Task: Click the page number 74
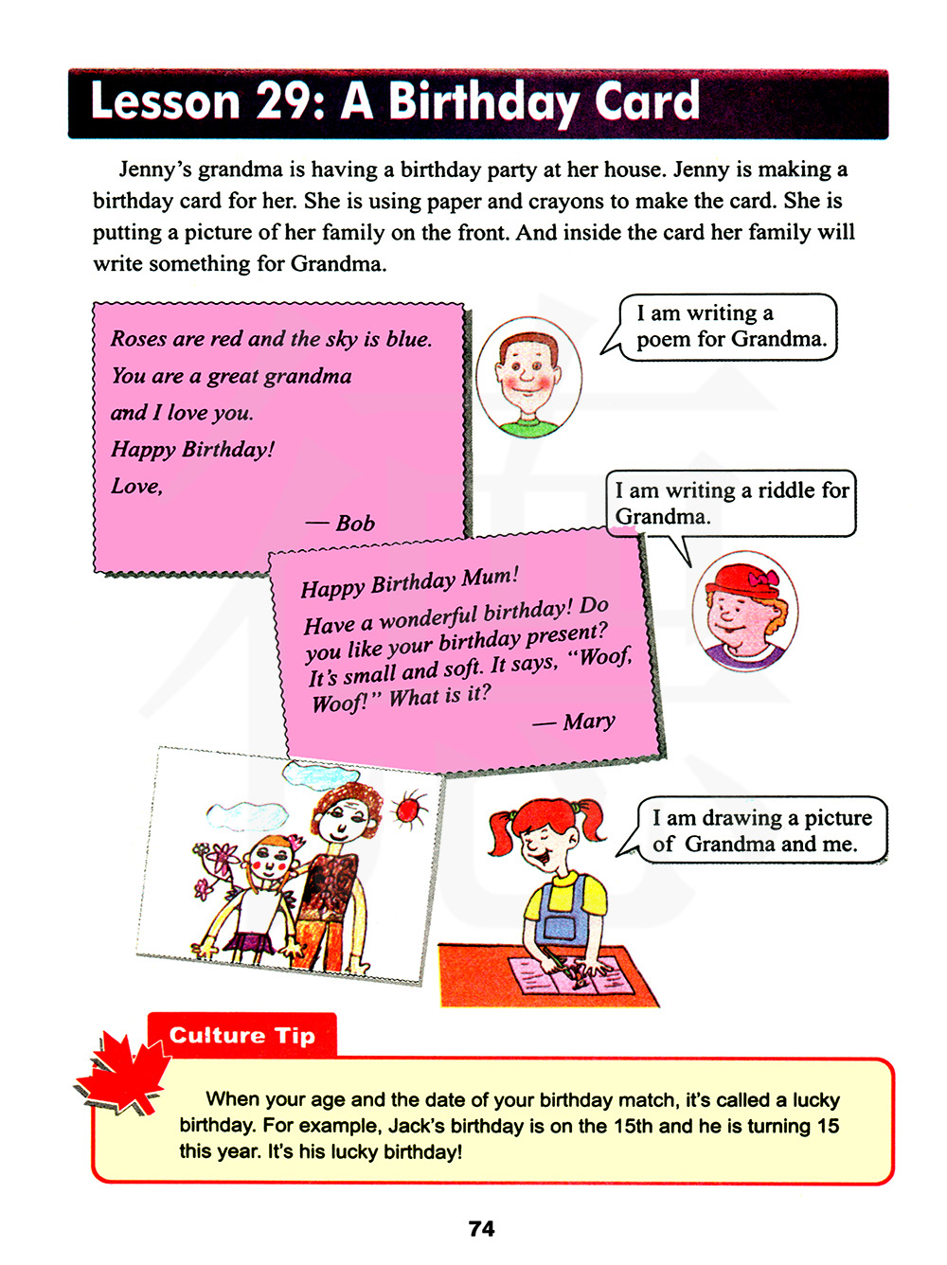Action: point(481,1229)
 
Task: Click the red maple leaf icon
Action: point(124,1074)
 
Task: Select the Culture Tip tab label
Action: point(242,1036)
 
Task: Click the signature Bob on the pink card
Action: point(355,523)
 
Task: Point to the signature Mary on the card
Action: point(588,722)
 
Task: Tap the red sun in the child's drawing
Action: point(408,811)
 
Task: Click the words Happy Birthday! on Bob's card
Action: point(193,449)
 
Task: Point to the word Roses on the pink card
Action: point(138,339)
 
